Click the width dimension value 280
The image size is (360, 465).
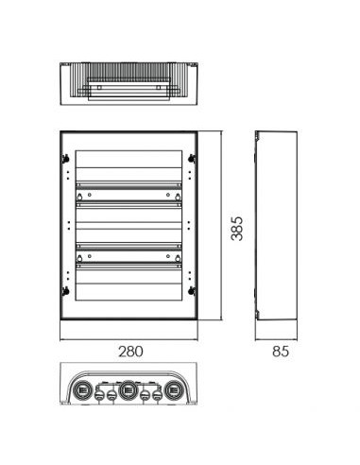pos(130,352)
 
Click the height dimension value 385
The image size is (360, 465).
pos(237,229)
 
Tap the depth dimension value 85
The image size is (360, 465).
pos(281,352)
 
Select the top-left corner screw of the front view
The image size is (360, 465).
pos(66,159)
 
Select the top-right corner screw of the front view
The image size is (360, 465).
pos(191,159)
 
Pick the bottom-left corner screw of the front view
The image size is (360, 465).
pos(66,291)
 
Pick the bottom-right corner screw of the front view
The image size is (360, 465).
pos(191,291)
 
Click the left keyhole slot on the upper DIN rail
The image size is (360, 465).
pos(79,197)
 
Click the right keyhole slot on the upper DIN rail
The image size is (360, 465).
pos(178,197)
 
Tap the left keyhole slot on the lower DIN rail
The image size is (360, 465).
pos(79,258)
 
